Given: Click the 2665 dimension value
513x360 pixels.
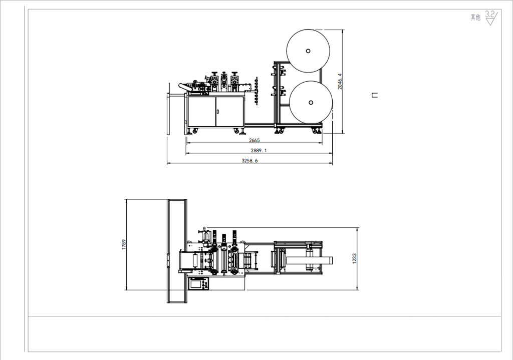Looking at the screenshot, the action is (x=254, y=140).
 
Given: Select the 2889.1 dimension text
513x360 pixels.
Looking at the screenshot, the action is (x=259, y=150).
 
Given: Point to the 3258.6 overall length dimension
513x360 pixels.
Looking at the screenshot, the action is (x=249, y=161).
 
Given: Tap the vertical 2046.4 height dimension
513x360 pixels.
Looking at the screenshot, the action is (x=340, y=81).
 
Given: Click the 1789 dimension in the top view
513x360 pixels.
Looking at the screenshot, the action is (x=124, y=244).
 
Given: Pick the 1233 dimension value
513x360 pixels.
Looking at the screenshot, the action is (x=354, y=258).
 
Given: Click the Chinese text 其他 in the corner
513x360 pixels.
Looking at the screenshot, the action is (x=475, y=18).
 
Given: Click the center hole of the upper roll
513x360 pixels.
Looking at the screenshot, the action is (x=308, y=51).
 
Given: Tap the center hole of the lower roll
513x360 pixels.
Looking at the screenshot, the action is (x=311, y=102).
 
